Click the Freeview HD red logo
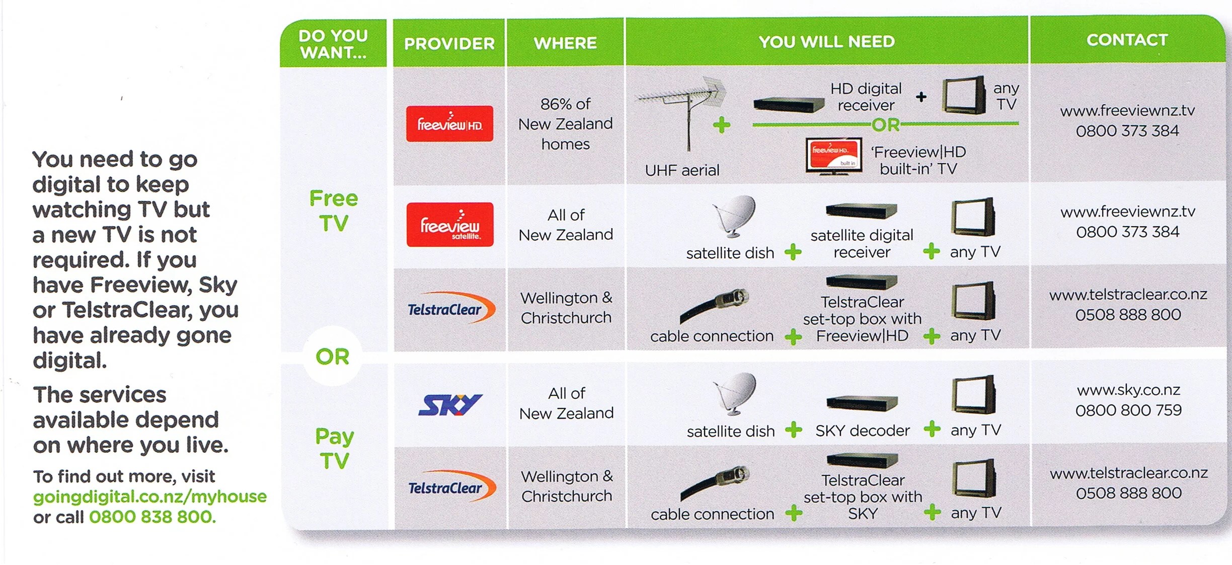point(449,124)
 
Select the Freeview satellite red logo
point(449,225)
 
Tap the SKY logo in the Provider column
point(450,405)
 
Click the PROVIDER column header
point(449,43)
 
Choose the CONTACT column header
point(1127,40)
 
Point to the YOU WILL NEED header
point(826,41)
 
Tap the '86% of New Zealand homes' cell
point(566,124)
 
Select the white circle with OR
point(332,357)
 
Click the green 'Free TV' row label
point(333,210)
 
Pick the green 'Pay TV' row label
point(334,448)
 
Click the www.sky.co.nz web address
point(1128,390)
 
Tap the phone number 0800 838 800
point(152,517)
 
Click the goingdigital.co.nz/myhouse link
point(149,497)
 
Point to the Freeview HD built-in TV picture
point(833,156)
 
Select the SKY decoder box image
point(862,403)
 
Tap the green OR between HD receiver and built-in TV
point(886,124)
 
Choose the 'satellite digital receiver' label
point(862,243)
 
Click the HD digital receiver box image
point(788,104)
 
